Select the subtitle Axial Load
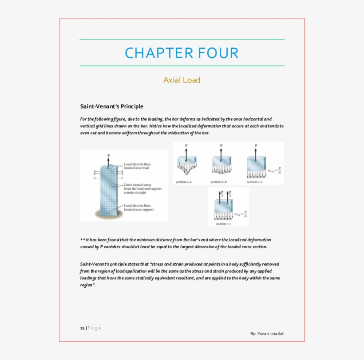tap(182, 80)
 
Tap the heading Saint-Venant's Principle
tap(111, 106)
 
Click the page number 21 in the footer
tap(83, 328)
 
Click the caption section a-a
tap(183, 182)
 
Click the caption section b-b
tap(219, 182)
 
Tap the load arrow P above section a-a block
tap(186, 151)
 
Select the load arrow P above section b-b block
tap(221, 151)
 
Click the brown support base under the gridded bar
tap(105, 215)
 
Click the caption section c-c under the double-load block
tap(223, 224)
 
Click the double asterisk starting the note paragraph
tap(82, 240)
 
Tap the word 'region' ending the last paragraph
tap(87, 285)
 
